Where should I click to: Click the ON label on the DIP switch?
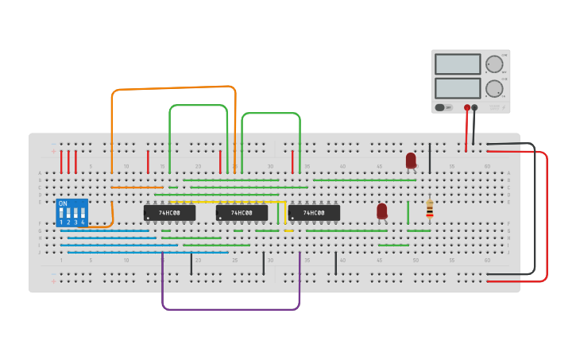click(63, 203)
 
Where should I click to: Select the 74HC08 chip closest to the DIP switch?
click(169, 213)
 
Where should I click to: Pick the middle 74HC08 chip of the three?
click(242, 213)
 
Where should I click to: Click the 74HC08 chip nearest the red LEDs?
click(314, 213)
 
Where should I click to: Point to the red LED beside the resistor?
click(382, 211)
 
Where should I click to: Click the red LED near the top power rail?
click(411, 161)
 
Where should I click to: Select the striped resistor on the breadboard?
click(430, 209)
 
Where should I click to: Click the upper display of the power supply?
click(458, 64)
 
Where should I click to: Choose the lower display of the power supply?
click(458, 87)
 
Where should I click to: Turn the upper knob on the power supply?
click(494, 64)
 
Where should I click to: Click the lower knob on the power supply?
click(494, 87)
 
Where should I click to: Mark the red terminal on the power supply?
click(467, 107)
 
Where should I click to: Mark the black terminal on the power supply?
click(475, 107)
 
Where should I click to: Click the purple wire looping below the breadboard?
click(230, 308)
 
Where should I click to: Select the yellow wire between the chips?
click(284, 215)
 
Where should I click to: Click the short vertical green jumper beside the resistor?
click(408, 212)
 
